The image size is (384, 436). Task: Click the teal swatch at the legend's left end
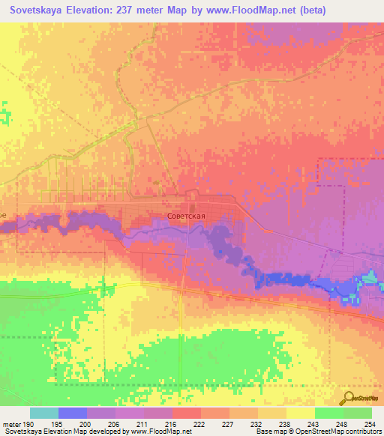(x=44, y=413)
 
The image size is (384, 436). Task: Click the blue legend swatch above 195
(x=73, y=413)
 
